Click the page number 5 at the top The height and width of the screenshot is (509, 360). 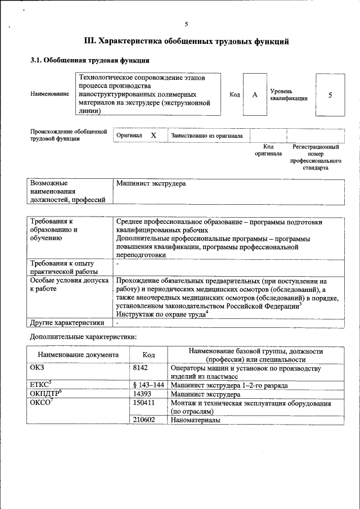pos(186,24)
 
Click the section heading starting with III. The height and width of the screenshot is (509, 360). pos(186,41)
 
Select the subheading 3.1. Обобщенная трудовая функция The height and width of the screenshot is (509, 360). pos(89,60)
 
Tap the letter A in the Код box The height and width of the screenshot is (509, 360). pos(254,94)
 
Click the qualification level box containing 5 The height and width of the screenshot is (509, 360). pos(330,94)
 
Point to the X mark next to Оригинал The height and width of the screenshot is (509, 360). pos(153,136)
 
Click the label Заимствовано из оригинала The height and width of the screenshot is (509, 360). pos(207,136)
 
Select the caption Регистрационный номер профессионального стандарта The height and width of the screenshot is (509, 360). pos(316,157)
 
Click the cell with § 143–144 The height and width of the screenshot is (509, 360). pos(148,385)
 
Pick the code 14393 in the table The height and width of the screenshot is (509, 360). pos(143,394)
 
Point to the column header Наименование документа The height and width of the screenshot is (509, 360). pos(78,355)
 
